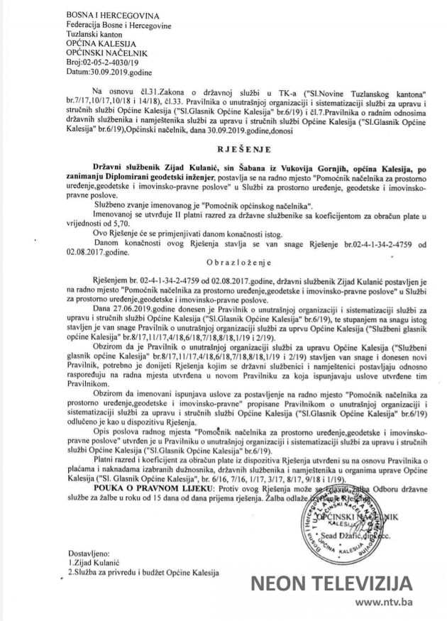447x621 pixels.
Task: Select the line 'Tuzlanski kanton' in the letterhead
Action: point(98,33)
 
